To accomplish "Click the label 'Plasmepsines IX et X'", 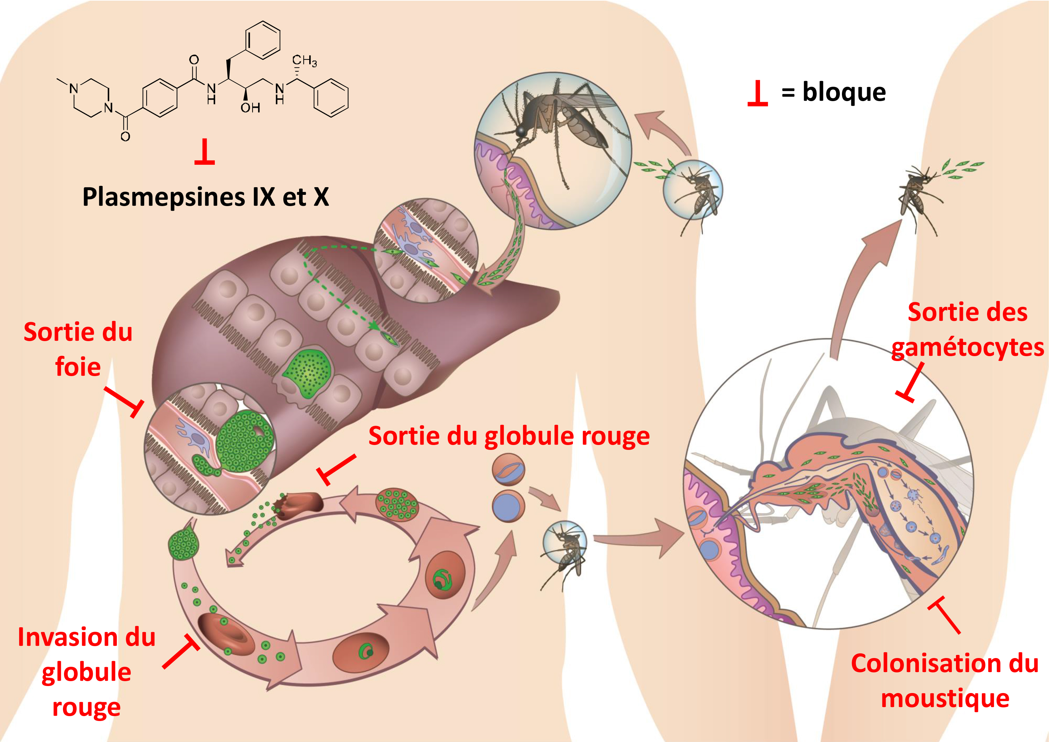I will click(x=206, y=197).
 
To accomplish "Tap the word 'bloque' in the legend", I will click(x=844, y=93).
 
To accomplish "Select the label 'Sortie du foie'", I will click(x=78, y=349).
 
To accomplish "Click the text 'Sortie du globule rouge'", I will click(x=509, y=436).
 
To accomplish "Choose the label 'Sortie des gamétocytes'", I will click(x=967, y=330).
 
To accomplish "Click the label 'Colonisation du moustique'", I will click(x=944, y=681).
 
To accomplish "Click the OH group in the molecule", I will click(x=250, y=108).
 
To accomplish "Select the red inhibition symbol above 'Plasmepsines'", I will click(x=204, y=153).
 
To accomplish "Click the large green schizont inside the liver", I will click(x=307, y=371).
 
